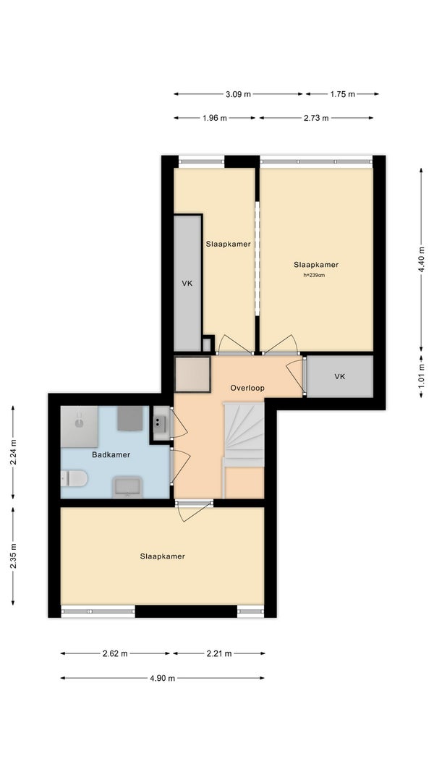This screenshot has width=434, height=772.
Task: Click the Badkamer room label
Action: point(111,454)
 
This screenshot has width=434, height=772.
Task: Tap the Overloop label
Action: point(247,388)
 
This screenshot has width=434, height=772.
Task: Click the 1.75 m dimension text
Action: point(342,94)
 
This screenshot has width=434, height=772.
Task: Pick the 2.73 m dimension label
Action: point(316,118)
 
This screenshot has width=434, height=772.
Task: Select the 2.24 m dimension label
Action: point(13,452)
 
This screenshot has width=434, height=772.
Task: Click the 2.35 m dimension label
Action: point(13,556)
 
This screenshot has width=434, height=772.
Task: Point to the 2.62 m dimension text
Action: point(115,654)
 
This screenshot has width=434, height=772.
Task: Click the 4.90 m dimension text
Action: point(162,679)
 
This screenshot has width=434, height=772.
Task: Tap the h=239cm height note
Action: point(314,275)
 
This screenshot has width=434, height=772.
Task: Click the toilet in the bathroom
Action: point(74,478)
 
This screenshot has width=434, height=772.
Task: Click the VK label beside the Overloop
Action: point(339,377)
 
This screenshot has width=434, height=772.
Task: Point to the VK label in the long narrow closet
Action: point(187,283)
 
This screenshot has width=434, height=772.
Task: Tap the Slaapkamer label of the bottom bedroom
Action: point(162,556)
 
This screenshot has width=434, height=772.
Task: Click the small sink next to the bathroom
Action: point(159,423)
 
